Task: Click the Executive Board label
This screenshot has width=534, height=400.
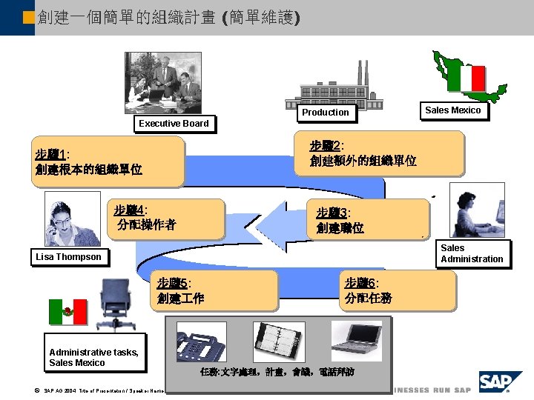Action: [x=174, y=123]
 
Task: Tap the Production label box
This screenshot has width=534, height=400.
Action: [x=325, y=113]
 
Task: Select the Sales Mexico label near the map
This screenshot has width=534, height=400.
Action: [x=452, y=110]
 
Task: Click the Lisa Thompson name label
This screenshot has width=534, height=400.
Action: [x=68, y=257]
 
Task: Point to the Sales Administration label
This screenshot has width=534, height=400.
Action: [x=472, y=253]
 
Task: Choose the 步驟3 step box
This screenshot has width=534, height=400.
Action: [x=371, y=220]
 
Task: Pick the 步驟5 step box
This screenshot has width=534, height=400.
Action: [x=217, y=291]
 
